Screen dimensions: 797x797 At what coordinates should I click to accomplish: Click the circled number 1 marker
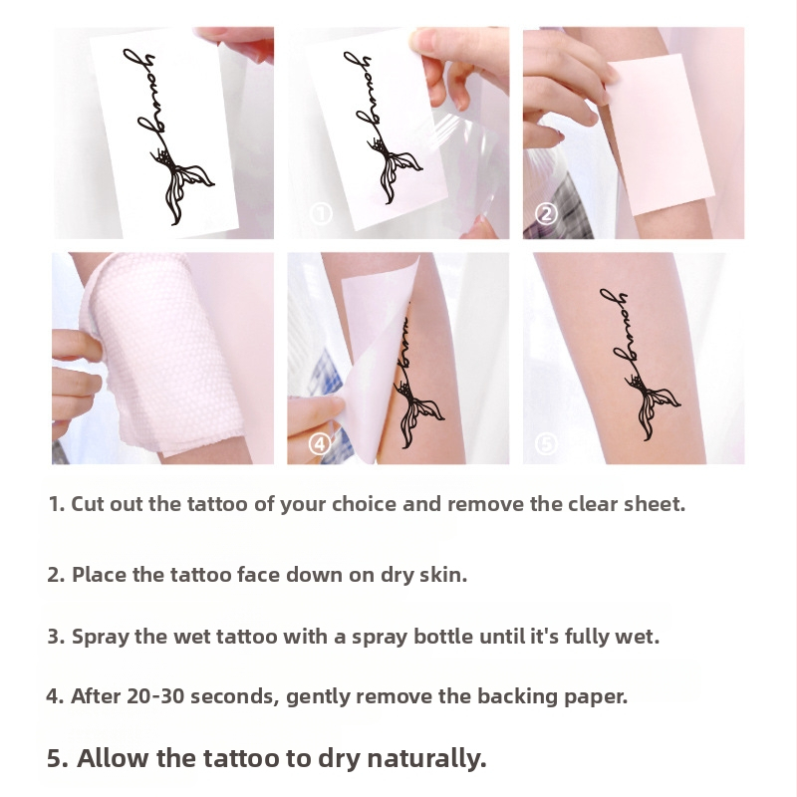click(321, 213)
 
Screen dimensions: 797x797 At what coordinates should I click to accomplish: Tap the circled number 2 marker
click(546, 213)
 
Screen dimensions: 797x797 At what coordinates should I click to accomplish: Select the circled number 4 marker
click(320, 444)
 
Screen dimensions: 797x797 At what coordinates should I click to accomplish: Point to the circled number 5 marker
click(546, 444)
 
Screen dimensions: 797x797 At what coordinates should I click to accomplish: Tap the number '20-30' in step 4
click(155, 696)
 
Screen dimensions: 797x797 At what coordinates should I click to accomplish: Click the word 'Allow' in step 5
click(114, 758)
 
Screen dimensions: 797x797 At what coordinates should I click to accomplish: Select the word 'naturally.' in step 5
click(427, 759)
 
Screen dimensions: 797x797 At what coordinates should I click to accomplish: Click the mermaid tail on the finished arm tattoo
click(655, 405)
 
